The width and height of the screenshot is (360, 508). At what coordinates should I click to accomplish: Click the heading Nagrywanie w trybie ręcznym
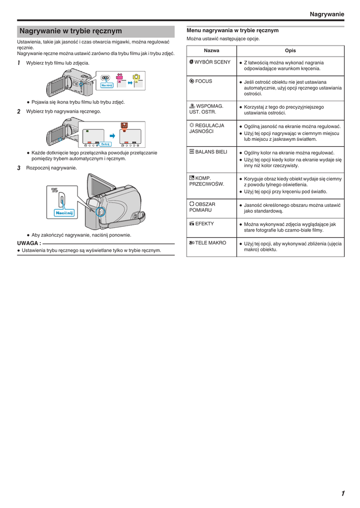click(71, 31)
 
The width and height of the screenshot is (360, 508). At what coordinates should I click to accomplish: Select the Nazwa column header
click(211, 51)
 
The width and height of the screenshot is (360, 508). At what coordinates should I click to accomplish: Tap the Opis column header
click(290, 51)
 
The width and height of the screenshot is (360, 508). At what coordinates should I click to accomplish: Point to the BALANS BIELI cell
click(208, 152)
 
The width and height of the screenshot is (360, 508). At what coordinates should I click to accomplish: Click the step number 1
click(19, 63)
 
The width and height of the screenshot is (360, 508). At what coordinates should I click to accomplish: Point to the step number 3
click(19, 168)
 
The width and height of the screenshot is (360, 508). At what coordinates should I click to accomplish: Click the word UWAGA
click(29, 244)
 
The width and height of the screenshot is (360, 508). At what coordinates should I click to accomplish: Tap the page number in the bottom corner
click(343, 493)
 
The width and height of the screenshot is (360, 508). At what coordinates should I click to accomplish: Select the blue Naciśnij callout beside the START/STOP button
click(64, 213)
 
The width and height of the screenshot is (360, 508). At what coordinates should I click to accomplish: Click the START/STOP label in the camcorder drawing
click(54, 190)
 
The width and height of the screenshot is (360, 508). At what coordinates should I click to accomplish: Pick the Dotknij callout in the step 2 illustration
click(105, 144)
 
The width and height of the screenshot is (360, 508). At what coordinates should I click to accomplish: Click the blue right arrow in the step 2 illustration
click(113, 135)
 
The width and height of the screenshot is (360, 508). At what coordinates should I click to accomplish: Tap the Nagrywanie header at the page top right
click(326, 14)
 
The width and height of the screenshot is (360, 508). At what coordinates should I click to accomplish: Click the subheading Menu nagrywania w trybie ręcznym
click(232, 30)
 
